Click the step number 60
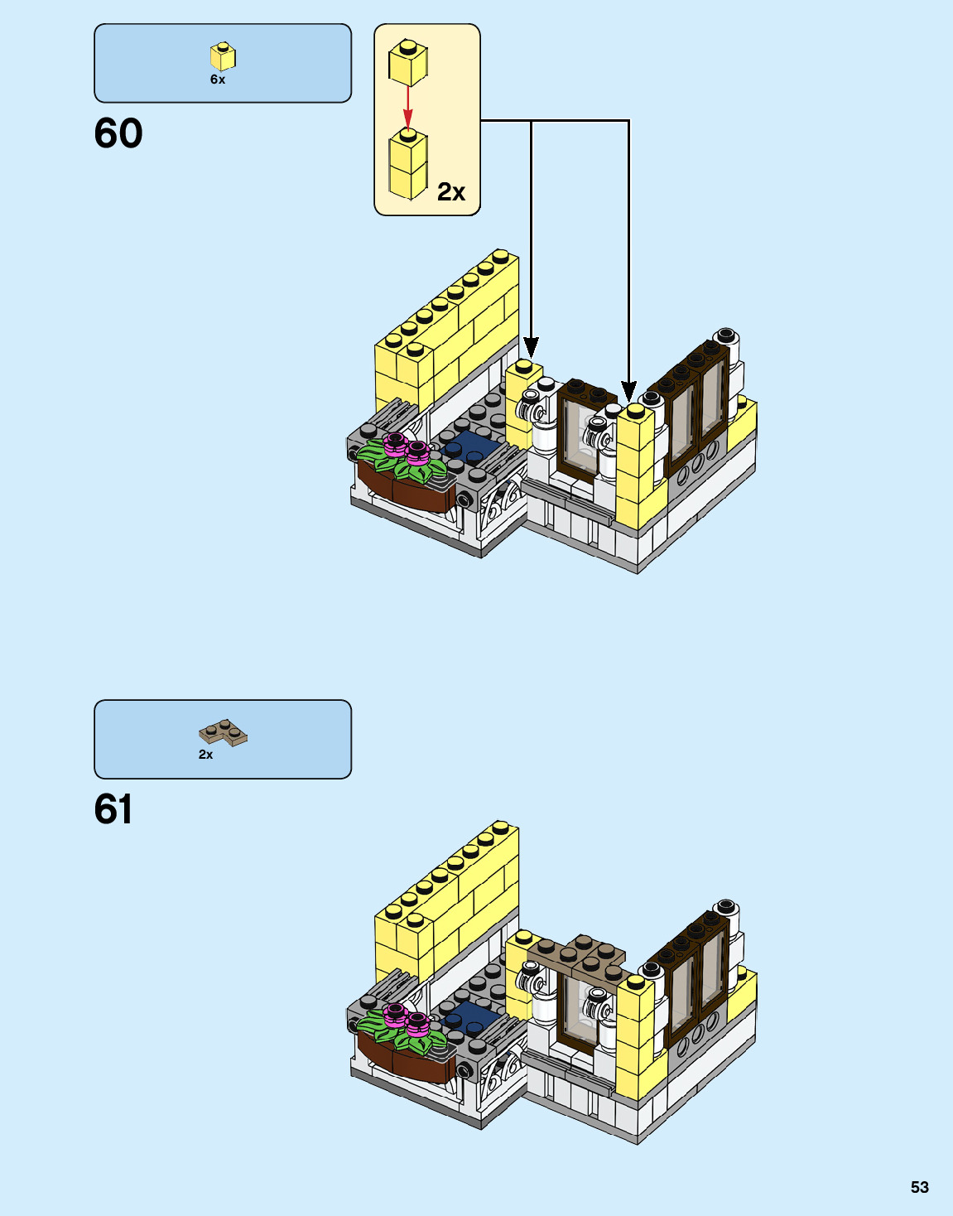(x=118, y=134)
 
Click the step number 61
(x=113, y=810)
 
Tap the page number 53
(x=919, y=1187)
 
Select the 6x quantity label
(x=218, y=80)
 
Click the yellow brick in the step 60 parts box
(x=222, y=56)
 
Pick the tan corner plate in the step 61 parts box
(x=223, y=732)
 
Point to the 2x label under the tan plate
(x=205, y=755)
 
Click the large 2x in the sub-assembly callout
(x=451, y=192)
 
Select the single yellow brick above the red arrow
(x=407, y=62)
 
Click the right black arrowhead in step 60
(x=629, y=389)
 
